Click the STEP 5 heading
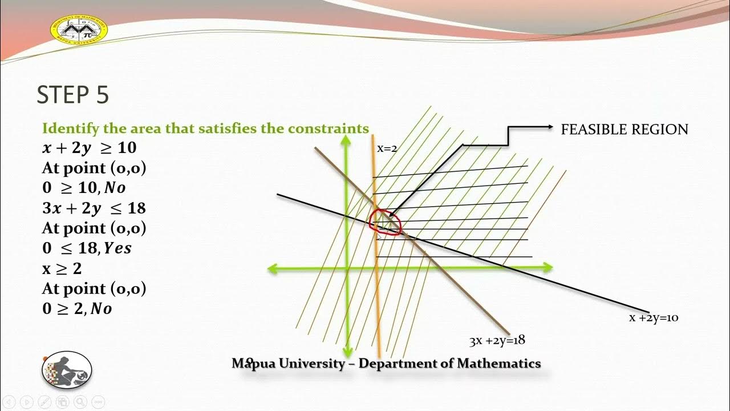tap(72, 95)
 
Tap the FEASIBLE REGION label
tap(624, 130)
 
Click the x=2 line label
tap(387, 148)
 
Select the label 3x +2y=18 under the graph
tap(497, 341)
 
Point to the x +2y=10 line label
tap(654, 318)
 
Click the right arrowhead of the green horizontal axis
tap(548, 267)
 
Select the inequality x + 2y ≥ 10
tap(90, 148)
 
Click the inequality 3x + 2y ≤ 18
tap(94, 208)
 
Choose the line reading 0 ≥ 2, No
tap(77, 309)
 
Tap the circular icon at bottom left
tap(67, 370)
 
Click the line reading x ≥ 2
tap(62, 268)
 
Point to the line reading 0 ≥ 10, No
tap(84, 188)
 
